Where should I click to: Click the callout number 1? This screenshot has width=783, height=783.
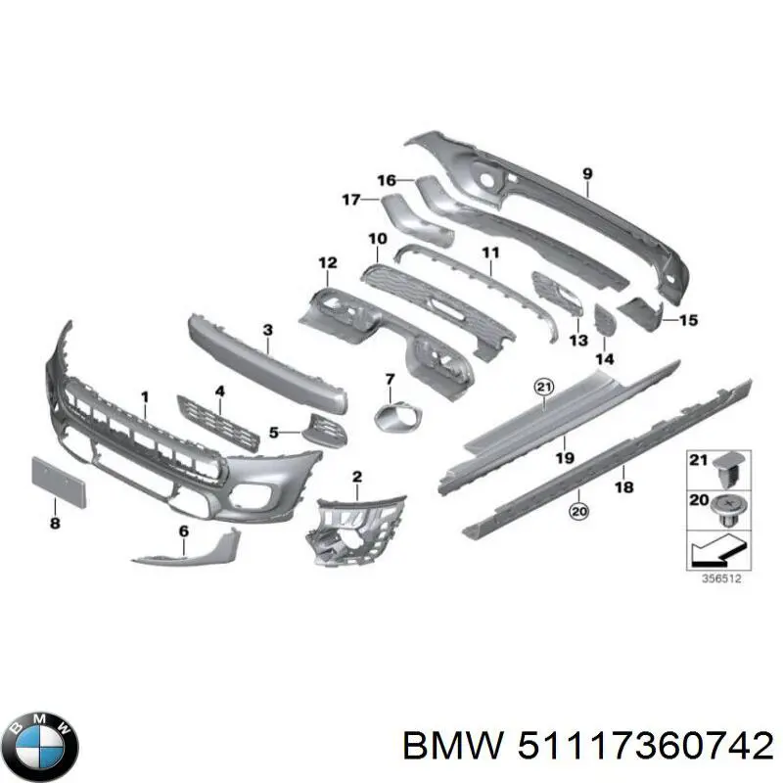(x=145, y=396)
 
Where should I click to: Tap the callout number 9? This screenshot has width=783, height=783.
(x=587, y=174)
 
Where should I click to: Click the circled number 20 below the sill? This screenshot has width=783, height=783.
(x=577, y=510)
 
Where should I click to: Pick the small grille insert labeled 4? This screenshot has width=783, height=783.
(x=217, y=420)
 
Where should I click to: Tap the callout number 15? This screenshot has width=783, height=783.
(x=688, y=319)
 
